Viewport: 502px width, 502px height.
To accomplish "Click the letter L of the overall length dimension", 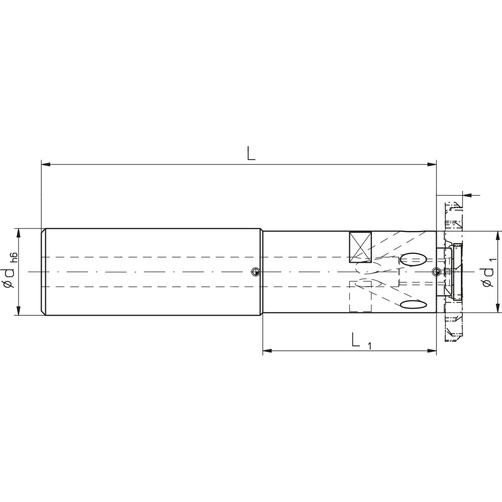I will [251, 153].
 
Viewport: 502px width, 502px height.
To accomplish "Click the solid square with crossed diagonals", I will [360, 247].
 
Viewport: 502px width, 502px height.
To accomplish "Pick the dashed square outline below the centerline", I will [359, 296].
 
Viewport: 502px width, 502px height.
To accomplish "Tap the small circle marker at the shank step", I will [256, 272].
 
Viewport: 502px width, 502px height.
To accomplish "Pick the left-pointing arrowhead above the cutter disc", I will [466, 195].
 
